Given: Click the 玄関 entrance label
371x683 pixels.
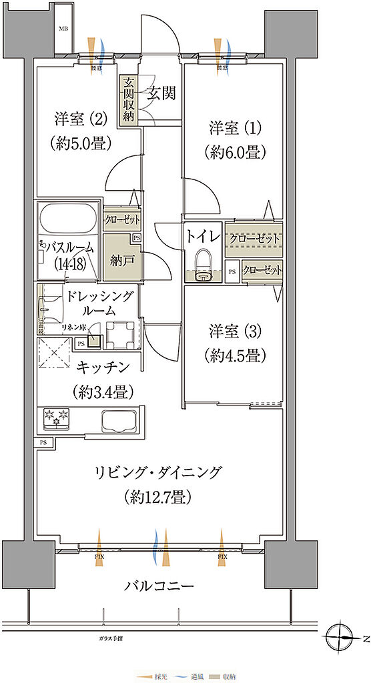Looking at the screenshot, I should [161, 94].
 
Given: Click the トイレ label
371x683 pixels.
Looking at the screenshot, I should [202, 236].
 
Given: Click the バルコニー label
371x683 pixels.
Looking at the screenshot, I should [159, 586].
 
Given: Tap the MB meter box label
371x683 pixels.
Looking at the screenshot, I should [63, 29].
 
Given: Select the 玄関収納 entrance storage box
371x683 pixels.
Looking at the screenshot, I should [127, 100].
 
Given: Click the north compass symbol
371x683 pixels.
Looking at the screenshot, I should [344, 635].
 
